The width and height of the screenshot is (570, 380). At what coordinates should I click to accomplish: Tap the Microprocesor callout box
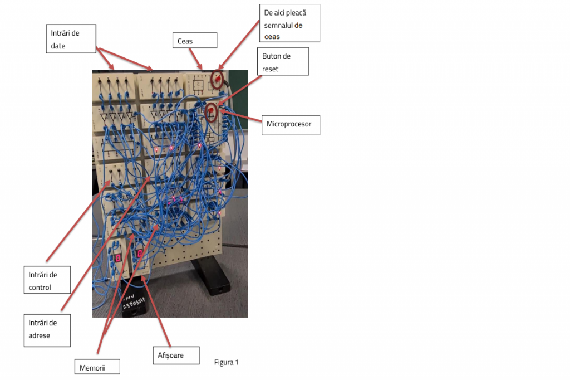coord(290,124)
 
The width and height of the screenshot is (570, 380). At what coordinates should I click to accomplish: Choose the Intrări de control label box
coord(47,280)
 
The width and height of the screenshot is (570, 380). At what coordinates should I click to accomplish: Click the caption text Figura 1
coord(227,362)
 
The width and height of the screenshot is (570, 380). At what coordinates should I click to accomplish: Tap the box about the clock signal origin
coord(289,23)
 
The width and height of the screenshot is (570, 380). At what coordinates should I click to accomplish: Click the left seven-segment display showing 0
coord(118,257)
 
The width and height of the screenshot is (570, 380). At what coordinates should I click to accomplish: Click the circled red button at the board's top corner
coord(217,80)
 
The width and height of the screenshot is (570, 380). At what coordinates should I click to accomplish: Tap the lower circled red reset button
coord(212,113)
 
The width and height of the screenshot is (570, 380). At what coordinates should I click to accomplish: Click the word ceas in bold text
coord(272,37)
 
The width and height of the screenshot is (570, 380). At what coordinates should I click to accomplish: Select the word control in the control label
coord(40,288)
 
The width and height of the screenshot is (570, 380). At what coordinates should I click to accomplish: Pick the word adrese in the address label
coord(40,335)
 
